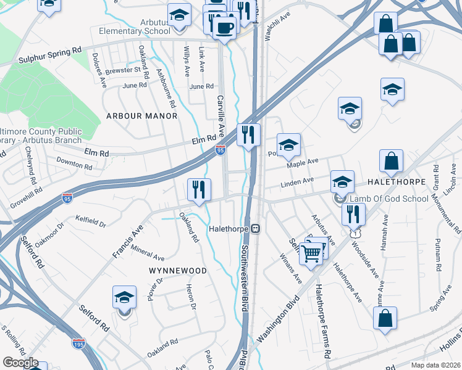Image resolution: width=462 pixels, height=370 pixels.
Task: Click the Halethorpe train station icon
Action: pos(254,229)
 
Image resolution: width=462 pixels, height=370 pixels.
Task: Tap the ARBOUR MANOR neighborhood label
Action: pos(141,116)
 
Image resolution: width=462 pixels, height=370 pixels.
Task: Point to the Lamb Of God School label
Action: pos(388,199)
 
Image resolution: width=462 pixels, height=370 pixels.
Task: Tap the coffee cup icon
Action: pos(225,27)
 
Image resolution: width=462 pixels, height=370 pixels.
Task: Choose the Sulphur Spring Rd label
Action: pos(50,58)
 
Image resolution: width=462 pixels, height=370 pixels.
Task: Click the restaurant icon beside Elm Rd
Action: pos(248,134)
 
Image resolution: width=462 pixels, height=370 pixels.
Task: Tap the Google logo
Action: pos(20,363)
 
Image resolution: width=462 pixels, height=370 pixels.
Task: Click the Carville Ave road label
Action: pos(220,117)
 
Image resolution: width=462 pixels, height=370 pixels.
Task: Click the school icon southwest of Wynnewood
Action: pos(125,298)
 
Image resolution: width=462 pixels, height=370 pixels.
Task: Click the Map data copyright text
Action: pos(435,365)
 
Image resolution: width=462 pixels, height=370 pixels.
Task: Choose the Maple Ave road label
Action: pos(303,163)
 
